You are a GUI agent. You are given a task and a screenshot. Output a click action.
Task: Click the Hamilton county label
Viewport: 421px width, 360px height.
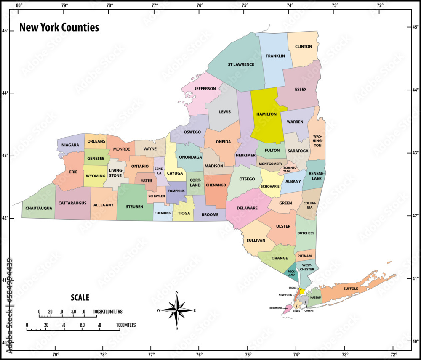266,114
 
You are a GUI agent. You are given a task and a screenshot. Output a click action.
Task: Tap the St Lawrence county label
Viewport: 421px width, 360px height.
241,64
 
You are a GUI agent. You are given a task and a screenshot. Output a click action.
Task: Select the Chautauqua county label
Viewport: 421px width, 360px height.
39,208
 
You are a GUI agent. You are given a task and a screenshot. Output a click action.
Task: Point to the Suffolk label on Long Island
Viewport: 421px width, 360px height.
351,289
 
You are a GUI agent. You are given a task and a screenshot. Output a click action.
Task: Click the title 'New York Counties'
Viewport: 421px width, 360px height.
59,28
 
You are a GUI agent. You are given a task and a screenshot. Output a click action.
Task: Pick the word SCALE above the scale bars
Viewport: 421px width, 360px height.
80,297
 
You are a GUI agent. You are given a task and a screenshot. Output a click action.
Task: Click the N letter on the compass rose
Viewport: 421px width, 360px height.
177,292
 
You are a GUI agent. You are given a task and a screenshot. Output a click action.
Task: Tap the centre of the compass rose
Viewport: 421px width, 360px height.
177,310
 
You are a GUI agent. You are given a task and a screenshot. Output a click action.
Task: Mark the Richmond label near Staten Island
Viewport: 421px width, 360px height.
276,308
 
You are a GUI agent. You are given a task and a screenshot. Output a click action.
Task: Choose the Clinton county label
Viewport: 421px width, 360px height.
304,47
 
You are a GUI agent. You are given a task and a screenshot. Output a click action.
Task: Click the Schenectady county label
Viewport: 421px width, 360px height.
287,169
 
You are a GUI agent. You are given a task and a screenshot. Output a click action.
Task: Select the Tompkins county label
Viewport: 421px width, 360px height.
176,191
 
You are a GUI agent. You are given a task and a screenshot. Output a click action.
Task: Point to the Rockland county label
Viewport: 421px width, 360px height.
291,273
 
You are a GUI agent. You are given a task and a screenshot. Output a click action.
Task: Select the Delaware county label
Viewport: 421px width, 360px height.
248,208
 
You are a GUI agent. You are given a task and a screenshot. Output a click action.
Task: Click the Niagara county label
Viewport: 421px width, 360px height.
70,145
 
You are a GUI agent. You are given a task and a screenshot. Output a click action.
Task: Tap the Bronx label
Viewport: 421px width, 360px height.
293,288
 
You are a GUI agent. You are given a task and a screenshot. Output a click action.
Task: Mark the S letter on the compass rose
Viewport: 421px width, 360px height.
177,328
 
